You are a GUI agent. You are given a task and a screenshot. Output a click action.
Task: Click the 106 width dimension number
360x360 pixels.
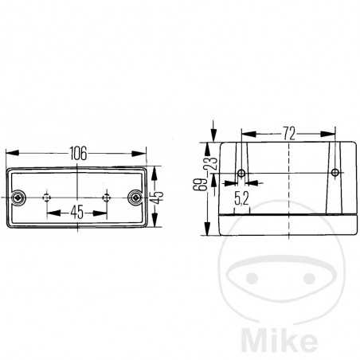click(78, 154)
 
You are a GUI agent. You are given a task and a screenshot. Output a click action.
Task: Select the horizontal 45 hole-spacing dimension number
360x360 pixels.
click(77, 212)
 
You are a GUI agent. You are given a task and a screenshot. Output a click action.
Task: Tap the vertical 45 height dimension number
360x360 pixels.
click(158, 197)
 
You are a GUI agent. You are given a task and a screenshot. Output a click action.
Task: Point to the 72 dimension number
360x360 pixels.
click(289, 134)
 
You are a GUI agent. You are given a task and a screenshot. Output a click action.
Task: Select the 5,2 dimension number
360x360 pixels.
click(241, 198)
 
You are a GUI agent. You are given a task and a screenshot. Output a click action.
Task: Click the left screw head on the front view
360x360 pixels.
click(18, 198)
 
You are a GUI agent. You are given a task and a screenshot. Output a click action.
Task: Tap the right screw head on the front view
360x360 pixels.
click(135, 198)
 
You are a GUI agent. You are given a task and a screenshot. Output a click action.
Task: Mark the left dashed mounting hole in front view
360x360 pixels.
click(47, 198)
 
